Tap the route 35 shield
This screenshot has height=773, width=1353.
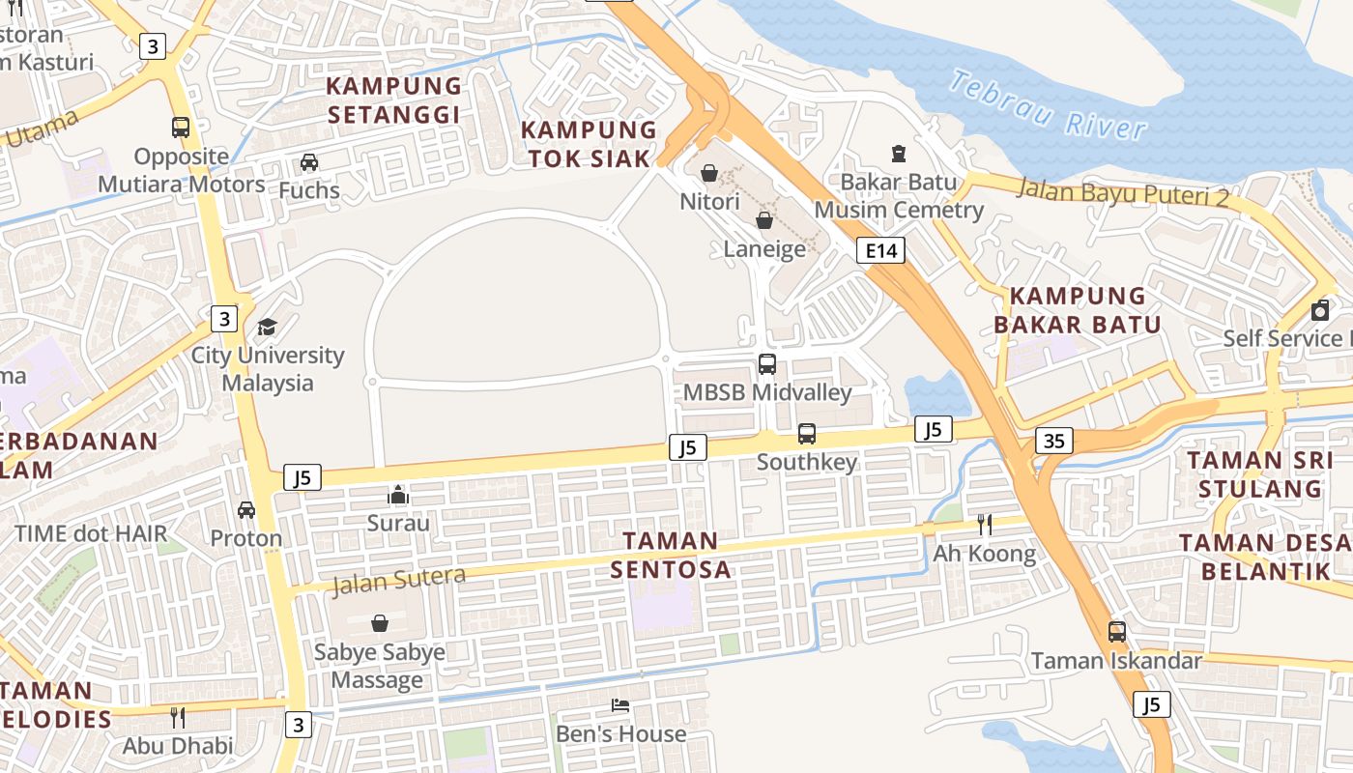click(x=1053, y=441)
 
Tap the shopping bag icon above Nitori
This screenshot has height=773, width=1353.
click(x=709, y=173)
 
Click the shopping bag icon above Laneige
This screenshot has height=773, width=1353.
click(x=764, y=220)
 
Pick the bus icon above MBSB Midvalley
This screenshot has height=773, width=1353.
click(x=767, y=364)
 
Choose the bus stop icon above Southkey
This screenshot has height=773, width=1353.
click(x=807, y=434)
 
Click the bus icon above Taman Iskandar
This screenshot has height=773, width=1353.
click(x=1117, y=632)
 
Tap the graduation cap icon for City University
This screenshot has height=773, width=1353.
click(x=267, y=327)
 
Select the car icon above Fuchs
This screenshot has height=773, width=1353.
click(x=309, y=161)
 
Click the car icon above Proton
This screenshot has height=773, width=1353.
click(x=246, y=509)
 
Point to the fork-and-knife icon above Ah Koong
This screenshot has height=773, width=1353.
click(x=985, y=525)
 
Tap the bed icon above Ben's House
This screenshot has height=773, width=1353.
click(x=620, y=705)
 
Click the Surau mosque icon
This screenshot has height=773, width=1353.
click(x=398, y=495)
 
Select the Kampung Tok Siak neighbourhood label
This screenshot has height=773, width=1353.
click(x=589, y=144)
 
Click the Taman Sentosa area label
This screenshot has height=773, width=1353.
click(x=671, y=555)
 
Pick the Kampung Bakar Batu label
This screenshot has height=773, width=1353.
click(x=1078, y=310)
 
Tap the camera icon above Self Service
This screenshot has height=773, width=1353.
click(x=1320, y=310)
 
